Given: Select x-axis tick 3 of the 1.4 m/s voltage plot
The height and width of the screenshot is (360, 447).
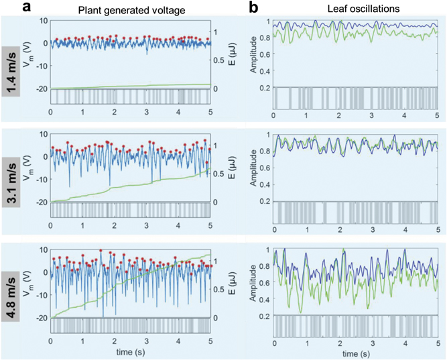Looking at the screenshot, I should click(x=146, y=113).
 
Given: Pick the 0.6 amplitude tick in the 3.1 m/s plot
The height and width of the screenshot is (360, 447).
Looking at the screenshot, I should click(x=264, y=168).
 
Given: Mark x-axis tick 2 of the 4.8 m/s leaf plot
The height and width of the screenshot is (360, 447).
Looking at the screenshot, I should click(x=339, y=343).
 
